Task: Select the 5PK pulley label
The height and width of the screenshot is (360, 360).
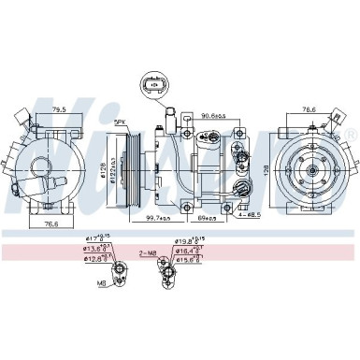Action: click(x=121, y=122)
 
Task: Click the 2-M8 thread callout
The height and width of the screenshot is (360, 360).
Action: click(x=148, y=252)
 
